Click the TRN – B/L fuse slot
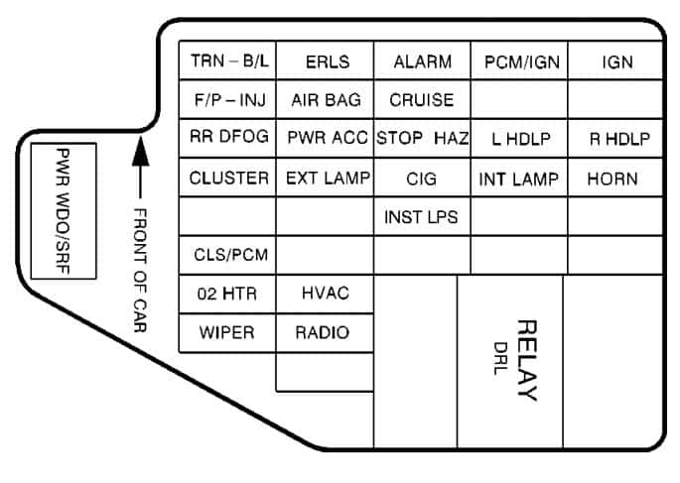coord(228,60)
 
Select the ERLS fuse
coord(326,60)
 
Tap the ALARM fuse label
coord(422,60)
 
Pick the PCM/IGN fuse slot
coord(520,60)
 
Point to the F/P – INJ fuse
coord(228,99)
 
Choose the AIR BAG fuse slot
coord(326,99)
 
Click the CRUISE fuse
coord(422,99)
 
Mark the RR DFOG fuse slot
coord(228,138)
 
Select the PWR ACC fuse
coord(326,138)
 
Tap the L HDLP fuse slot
coord(520,139)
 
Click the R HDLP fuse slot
coord(617,139)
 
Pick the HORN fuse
coord(612,179)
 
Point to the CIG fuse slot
coord(422,179)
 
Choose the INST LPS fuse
coord(422,216)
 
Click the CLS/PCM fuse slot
coord(228,255)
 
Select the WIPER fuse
coord(227,332)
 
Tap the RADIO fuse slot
coord(324,332)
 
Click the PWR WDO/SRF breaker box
coord(62,212)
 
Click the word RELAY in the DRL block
coord(527,360)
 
